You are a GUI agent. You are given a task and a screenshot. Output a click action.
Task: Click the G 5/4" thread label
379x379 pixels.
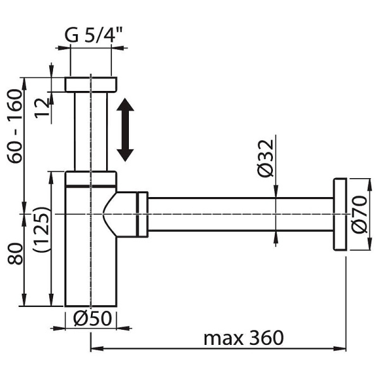93,35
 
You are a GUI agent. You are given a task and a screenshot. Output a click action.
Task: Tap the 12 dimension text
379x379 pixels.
42,108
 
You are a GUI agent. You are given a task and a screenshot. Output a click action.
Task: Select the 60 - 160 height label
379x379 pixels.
15,126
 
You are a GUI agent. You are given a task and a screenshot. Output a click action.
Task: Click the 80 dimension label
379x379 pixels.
15,254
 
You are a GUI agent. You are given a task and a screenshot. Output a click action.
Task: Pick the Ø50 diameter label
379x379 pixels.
93,318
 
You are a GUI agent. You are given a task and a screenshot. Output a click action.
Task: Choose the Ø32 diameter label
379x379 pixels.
266,159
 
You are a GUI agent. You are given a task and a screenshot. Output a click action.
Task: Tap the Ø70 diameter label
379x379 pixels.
359,215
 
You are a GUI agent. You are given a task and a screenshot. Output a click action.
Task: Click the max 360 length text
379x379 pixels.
244,338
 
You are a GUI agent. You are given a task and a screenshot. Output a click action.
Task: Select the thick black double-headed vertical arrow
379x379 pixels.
125,129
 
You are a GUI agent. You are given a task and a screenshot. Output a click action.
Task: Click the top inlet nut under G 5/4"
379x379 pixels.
91,85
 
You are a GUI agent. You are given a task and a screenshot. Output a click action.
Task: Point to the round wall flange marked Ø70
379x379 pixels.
340,214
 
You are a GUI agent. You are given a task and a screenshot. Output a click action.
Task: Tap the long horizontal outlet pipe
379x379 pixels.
241,214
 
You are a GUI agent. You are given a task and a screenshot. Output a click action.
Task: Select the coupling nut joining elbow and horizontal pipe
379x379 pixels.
142,215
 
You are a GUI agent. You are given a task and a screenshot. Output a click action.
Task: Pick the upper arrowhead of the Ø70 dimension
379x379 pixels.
370,186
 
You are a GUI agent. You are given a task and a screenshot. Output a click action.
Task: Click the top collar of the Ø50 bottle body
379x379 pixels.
91,179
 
